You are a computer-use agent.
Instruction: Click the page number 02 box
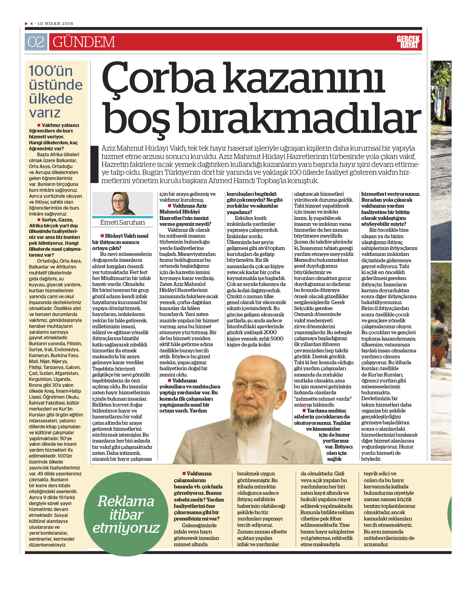[36, 42]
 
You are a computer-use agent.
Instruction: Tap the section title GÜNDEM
[84, 42]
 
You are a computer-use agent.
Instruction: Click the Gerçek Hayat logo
[408, 42]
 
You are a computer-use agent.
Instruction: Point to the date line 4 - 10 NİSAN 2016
[52, 24]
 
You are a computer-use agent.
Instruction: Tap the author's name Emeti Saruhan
[122, 223]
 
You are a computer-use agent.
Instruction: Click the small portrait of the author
[122, 204]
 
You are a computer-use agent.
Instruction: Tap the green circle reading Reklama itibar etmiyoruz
[126, 514]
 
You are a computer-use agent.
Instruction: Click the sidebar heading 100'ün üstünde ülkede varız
[55, 92]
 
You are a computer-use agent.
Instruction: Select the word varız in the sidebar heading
[45, 113]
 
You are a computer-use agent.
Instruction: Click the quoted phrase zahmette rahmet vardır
[323, 399]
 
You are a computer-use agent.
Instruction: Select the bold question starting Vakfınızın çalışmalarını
[198, 496]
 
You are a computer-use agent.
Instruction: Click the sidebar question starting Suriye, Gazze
[55, 237]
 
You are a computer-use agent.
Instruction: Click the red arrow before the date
[27, 24]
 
